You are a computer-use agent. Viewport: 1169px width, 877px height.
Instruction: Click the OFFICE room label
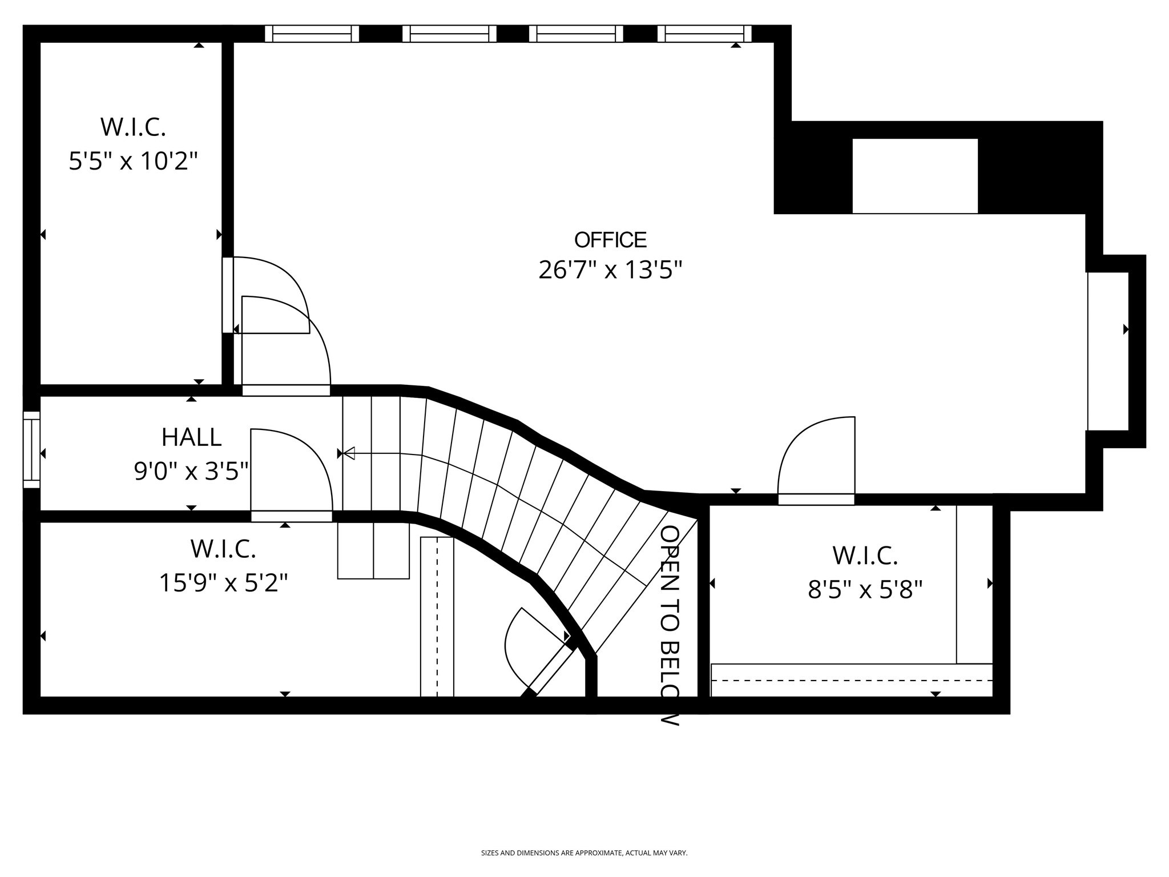610,240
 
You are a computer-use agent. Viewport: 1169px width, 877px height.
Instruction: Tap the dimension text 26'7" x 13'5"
610,269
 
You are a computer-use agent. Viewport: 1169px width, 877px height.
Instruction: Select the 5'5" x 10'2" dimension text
133,161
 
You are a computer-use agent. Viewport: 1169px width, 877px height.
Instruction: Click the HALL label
191,438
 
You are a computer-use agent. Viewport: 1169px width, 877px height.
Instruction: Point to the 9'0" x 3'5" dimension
191,472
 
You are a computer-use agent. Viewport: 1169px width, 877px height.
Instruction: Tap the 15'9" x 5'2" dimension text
223,583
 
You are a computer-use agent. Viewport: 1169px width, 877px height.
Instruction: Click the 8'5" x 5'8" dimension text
865,589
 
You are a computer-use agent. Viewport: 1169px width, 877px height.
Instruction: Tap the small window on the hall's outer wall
31,449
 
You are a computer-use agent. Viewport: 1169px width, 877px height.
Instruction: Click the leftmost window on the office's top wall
312,34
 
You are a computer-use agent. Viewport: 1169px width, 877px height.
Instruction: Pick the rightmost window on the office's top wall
704,34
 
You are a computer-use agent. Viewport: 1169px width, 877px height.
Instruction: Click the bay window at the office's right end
1108,351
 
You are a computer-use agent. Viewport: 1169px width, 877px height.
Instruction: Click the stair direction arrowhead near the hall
349,453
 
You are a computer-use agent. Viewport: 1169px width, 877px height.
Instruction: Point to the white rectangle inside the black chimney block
914,176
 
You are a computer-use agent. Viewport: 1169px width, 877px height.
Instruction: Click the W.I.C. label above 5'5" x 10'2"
133,127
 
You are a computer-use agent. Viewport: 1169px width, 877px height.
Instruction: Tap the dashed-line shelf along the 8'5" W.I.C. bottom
852,680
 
